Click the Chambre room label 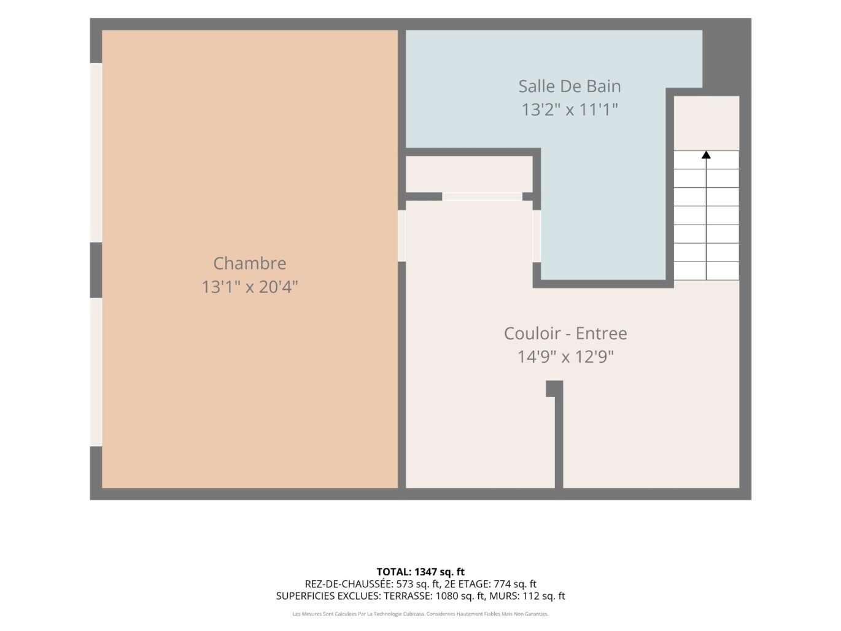coord(249,263)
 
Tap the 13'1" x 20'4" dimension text coord(249,287)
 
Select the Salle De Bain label coord(569,86)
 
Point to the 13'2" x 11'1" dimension coord(569,110)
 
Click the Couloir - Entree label coord(565,333)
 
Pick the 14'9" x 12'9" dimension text coord(565,357)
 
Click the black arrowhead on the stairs coord(706,155)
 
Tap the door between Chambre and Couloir coord(401,236)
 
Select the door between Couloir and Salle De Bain coord(537,236)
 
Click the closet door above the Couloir coord(482,196)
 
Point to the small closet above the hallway coord(469,174)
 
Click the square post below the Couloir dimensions coord(554,389)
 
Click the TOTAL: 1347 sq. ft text coord(420,572)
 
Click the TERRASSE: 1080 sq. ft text coord(435,596)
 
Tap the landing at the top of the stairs coord(706,123)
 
